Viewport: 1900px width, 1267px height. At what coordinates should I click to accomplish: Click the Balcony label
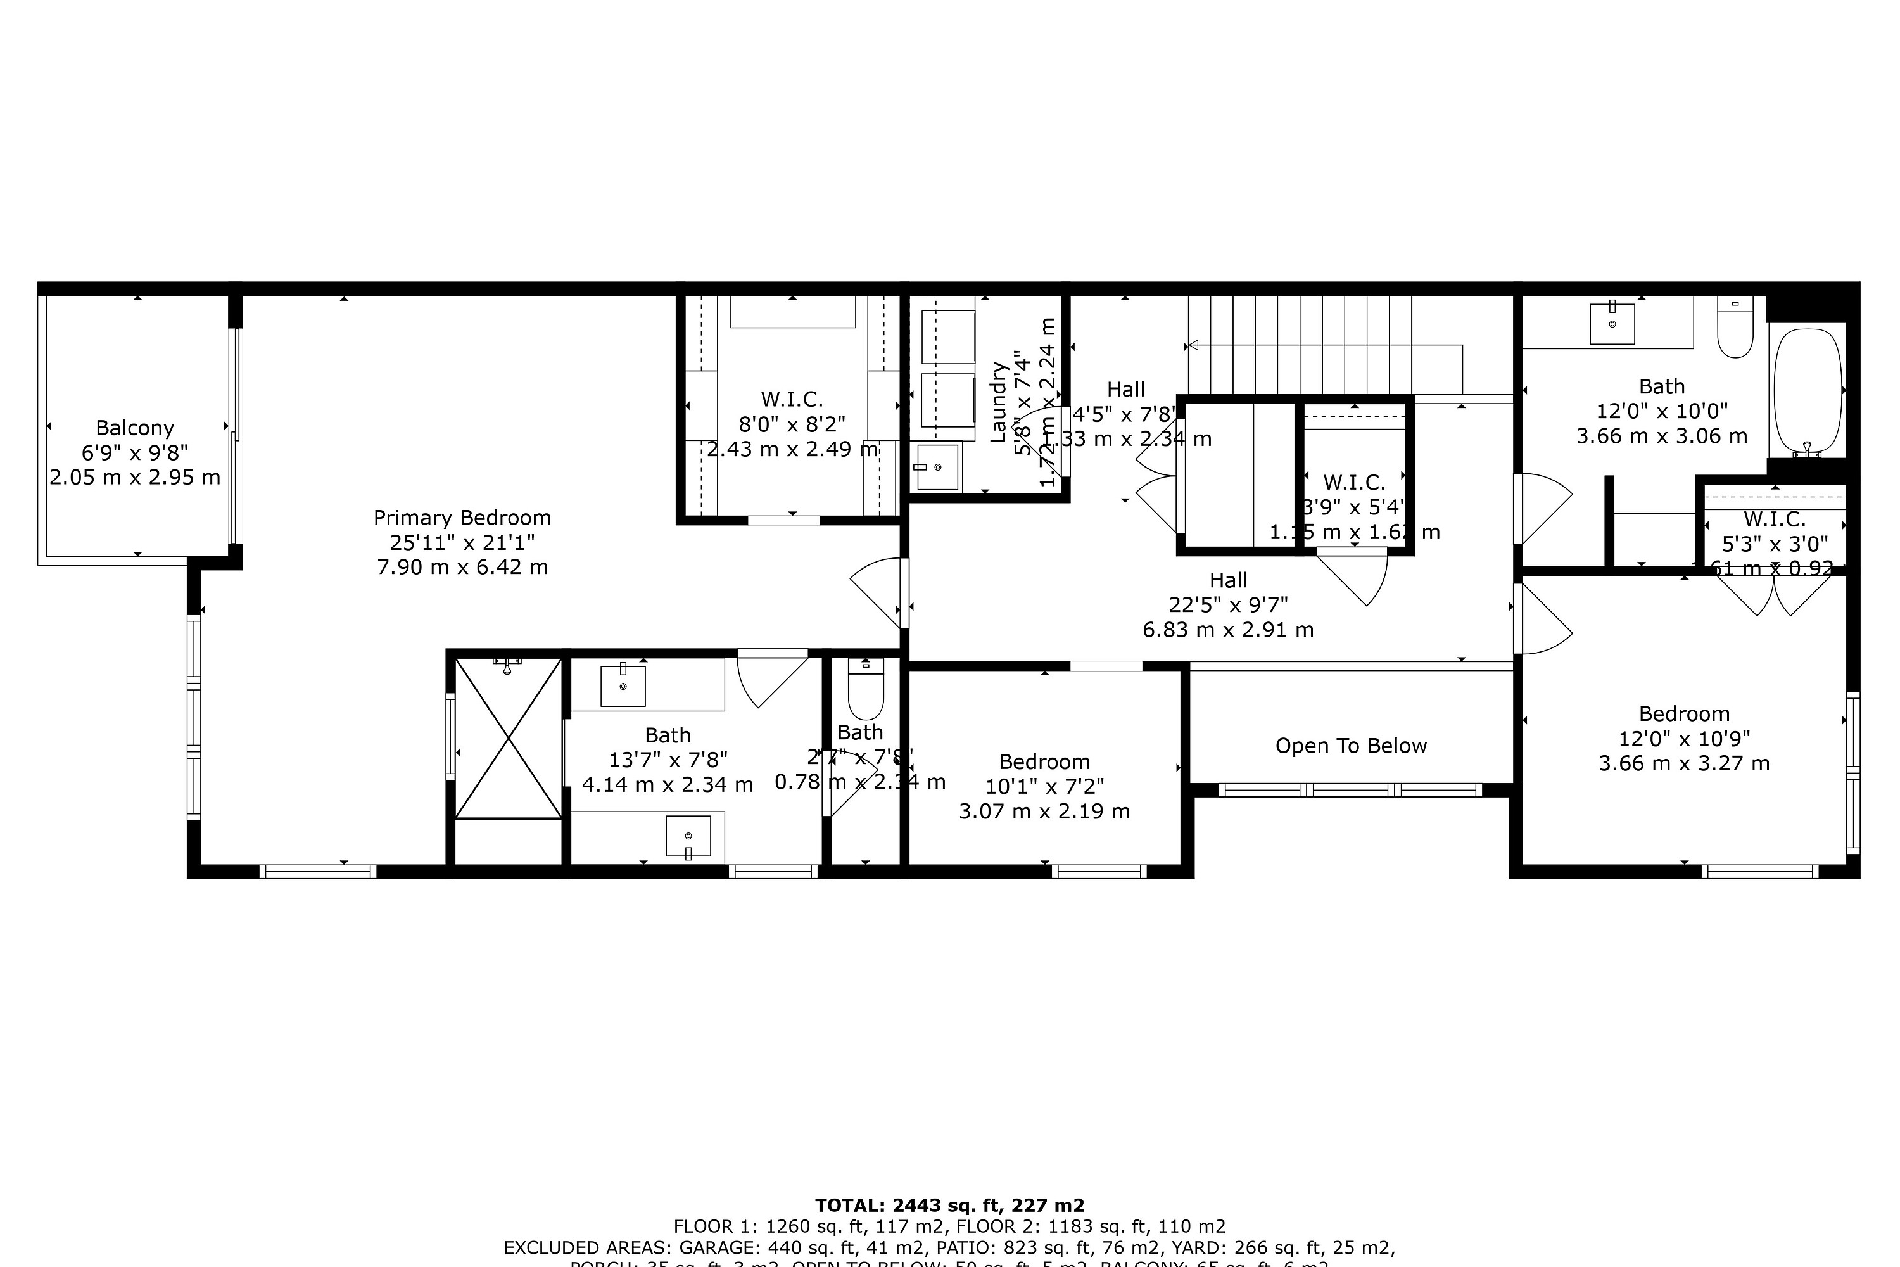[x=135, y=428]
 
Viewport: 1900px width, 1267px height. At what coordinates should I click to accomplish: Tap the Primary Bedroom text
[x=462, y=518]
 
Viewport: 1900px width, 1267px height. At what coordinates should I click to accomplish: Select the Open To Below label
[x=1351, y=746]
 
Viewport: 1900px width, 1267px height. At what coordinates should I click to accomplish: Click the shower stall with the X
[x=508, y=738]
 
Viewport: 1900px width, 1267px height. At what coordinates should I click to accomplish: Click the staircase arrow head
[x=1191, y=346]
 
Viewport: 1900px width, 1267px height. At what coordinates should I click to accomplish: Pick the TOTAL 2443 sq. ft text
[x=949, y=1206]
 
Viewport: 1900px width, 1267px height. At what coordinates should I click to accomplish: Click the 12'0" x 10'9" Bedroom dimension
[x=1683, y=739]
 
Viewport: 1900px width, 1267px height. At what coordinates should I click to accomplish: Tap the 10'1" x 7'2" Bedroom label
[x=1044, y=762]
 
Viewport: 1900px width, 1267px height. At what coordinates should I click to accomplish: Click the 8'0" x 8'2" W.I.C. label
[x=792, y=399]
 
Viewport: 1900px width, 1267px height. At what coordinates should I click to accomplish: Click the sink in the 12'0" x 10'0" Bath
[x=1612, y=323]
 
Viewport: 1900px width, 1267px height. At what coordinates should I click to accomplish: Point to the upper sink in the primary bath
[x=623, y=685]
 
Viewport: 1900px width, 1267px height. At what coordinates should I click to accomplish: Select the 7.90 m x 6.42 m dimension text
[x=462, y=567]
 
